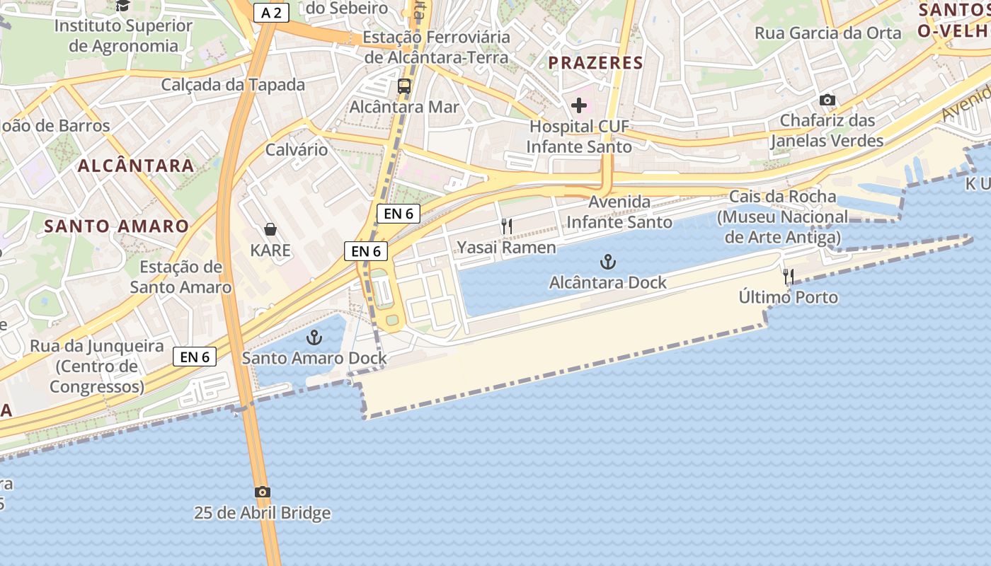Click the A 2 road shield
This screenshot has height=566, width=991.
272,13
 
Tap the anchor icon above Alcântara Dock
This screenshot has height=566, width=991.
607,262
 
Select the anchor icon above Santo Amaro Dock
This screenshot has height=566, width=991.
314,337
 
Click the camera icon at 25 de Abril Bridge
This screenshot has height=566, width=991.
262,492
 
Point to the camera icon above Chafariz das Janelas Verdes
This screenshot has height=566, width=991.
827,100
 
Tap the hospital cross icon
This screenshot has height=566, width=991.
579,106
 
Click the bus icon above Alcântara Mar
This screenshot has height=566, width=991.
404,87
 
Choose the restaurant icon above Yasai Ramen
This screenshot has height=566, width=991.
507,226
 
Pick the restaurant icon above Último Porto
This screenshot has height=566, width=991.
789,276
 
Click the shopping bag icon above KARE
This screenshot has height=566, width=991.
270,229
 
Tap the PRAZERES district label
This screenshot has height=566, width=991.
595,62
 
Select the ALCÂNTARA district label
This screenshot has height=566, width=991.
136,166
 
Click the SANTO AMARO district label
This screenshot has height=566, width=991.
117,226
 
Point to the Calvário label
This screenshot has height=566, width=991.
297,149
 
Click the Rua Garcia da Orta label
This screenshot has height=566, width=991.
828,33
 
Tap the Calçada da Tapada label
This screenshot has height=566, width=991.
233,85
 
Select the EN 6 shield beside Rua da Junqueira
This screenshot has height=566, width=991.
195,357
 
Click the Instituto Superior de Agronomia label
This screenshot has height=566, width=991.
123,36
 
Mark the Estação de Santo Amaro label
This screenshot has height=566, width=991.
181,277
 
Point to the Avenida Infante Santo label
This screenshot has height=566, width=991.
619,212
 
